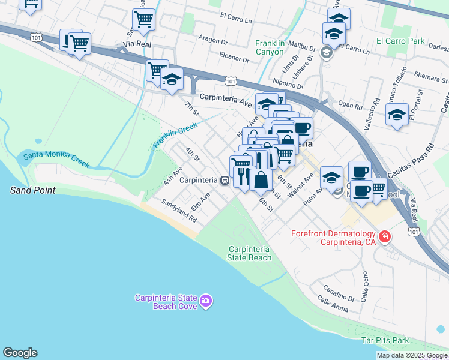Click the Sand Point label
(32, 190)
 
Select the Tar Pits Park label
(385, 340)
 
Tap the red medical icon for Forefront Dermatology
(384, 237)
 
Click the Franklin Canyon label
(277, 47)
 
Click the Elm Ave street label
(200, 201)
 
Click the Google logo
(20, 353)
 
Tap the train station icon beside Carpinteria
(224, 180)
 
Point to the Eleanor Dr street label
(234, 59)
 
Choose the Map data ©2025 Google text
(412, 355)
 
